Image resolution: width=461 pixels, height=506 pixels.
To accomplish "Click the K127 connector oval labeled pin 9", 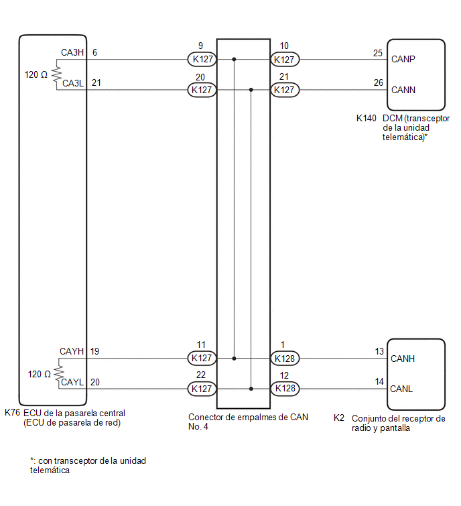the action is [202, 60].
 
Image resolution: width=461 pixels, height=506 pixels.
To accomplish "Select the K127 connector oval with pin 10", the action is [285, 60].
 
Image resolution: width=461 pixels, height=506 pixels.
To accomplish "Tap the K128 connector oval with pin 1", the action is [285, 359].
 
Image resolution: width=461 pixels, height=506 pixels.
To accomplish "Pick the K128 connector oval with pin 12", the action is [285, 388].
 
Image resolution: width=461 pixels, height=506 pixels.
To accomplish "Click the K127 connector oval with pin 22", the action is [202, 389].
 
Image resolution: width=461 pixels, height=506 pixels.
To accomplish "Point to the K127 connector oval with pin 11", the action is [202, 358].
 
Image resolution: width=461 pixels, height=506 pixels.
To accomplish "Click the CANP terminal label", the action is [403, 59].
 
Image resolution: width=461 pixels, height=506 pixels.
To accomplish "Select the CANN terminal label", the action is [403, 90].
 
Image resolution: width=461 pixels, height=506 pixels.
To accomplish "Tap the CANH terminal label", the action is [403, 359].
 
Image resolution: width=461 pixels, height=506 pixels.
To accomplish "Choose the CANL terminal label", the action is [401, 389].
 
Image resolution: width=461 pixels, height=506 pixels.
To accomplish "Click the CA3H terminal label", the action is [72, 52].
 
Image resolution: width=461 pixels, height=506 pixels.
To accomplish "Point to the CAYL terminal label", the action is [72, 382].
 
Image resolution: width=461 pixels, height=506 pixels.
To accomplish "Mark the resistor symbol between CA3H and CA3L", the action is [56, 74].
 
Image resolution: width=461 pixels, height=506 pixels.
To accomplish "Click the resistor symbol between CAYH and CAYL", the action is [59, 373].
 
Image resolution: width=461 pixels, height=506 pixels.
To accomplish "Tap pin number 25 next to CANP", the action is [378, 53].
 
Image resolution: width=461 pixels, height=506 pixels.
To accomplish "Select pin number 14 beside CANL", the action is [379, 382].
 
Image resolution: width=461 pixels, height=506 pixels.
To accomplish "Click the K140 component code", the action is [366, 119].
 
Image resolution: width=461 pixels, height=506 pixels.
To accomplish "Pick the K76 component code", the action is [12, 412].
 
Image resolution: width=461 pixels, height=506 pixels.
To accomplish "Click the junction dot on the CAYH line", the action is [235, 359].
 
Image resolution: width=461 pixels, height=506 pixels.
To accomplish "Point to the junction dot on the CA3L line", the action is [251, 90].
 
